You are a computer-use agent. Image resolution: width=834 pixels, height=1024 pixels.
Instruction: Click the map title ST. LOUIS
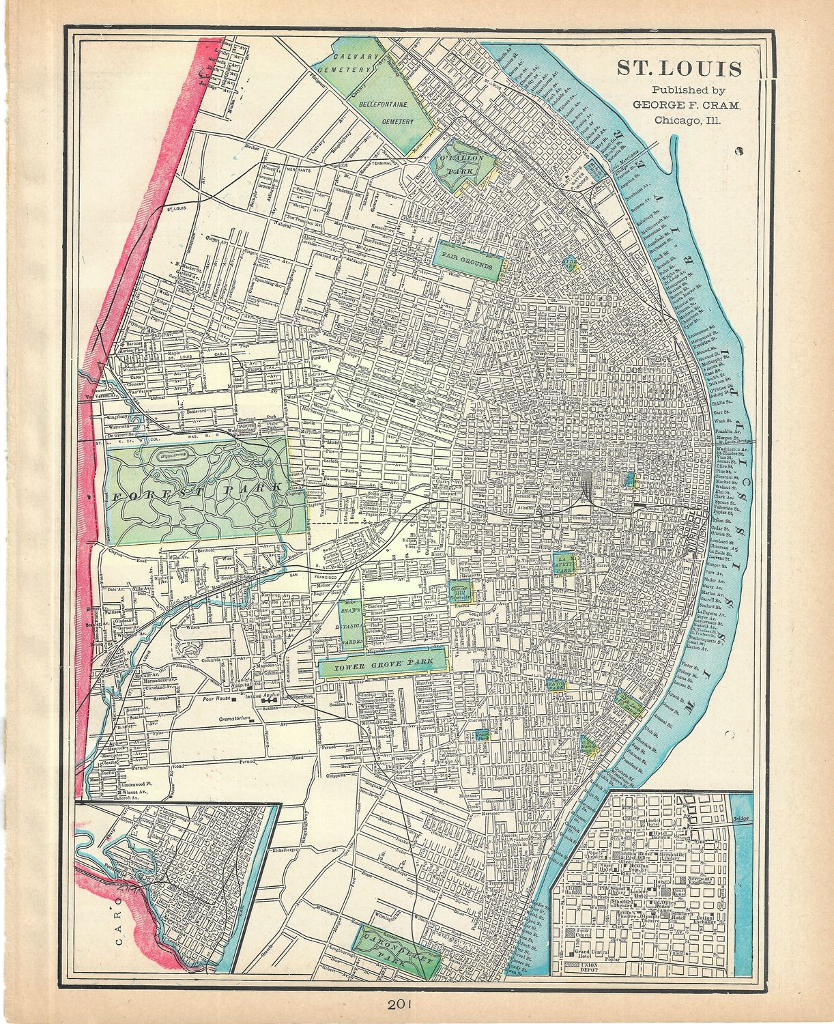pyautogui.click(x=679, y=69)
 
